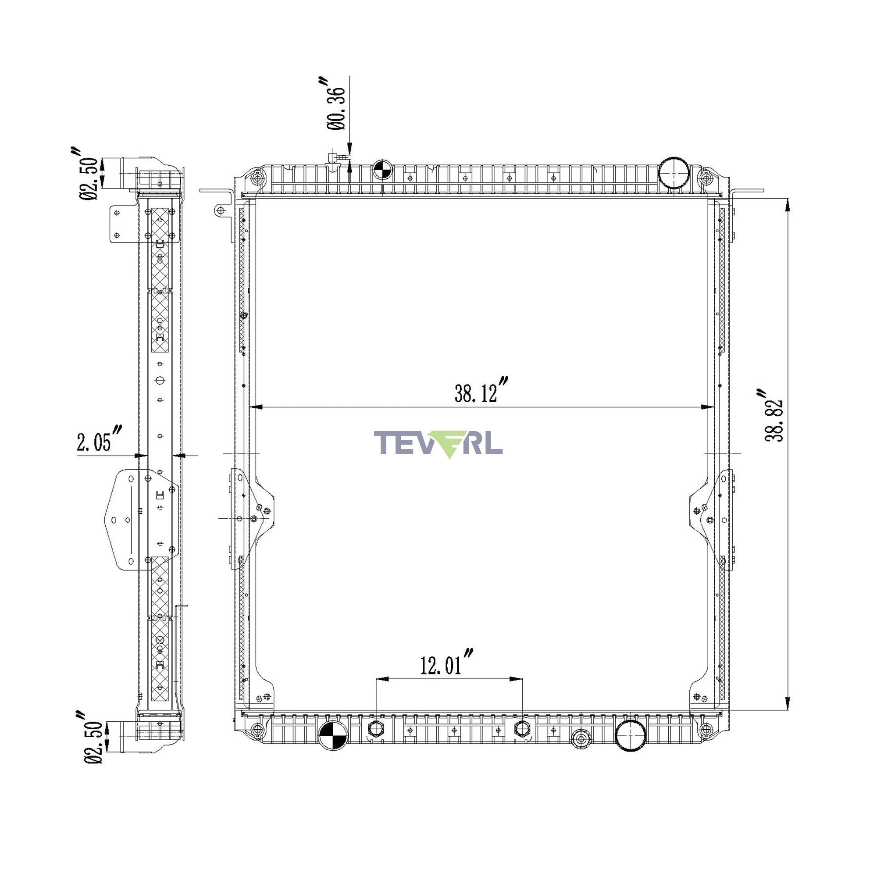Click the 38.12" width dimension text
click(481, 390)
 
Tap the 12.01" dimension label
click(446, 663)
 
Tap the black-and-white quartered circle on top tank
click(382, 170)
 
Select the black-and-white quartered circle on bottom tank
click(333, 735)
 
